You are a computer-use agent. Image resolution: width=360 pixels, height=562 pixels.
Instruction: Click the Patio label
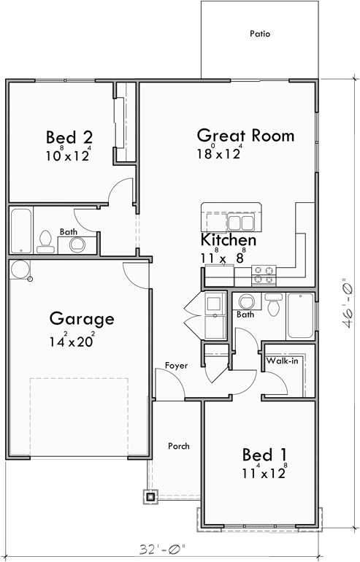coord(260,34)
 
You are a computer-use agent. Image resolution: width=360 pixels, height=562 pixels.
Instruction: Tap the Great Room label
coord(235,135)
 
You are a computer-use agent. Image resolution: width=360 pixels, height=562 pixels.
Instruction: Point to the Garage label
coord(81,318)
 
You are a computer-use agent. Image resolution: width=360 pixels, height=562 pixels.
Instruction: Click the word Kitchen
coord(228,239)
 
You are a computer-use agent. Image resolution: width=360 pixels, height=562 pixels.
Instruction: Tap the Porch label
coord(179,446)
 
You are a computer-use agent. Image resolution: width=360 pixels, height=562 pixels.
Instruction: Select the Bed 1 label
coord(264,455)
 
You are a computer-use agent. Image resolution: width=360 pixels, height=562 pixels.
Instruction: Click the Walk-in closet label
coord(281,361)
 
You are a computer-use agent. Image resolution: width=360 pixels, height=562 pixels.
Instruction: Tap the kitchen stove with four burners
coord(264,275)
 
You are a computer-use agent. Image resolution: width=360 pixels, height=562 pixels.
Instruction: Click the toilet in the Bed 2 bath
coord(45,242)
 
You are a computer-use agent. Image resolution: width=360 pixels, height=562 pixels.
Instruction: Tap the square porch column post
coord(150,496)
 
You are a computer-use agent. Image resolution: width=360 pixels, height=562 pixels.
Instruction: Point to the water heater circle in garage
coord(19,269)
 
